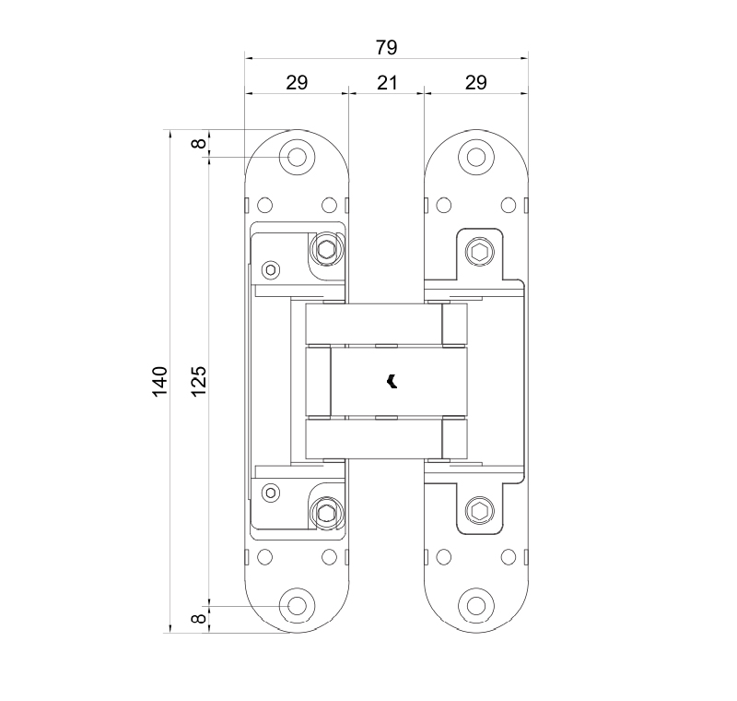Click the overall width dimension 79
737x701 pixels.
tap(386, 47)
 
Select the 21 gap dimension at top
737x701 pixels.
tap(386, 83)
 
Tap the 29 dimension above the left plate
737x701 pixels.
tap(297, 83)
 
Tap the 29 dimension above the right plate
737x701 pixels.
tap(475, 83)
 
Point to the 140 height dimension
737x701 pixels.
tap(160, 381)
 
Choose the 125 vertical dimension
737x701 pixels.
tap(198, 381)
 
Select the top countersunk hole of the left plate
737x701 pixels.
tap(297, 158)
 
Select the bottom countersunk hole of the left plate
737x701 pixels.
tap(297, 605)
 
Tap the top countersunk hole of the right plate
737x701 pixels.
tap(475, 158)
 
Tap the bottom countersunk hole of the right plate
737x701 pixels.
tap(475, 605)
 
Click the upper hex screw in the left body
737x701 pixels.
tap(325, 248)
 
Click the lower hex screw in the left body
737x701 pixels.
tap(325, 513)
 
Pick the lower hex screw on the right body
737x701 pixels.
tap(479, 512)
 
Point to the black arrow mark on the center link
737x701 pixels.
tap(392, 380)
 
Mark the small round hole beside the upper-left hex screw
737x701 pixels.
tap(270, 269)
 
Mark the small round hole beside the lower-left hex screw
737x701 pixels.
tap(270, 492)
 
